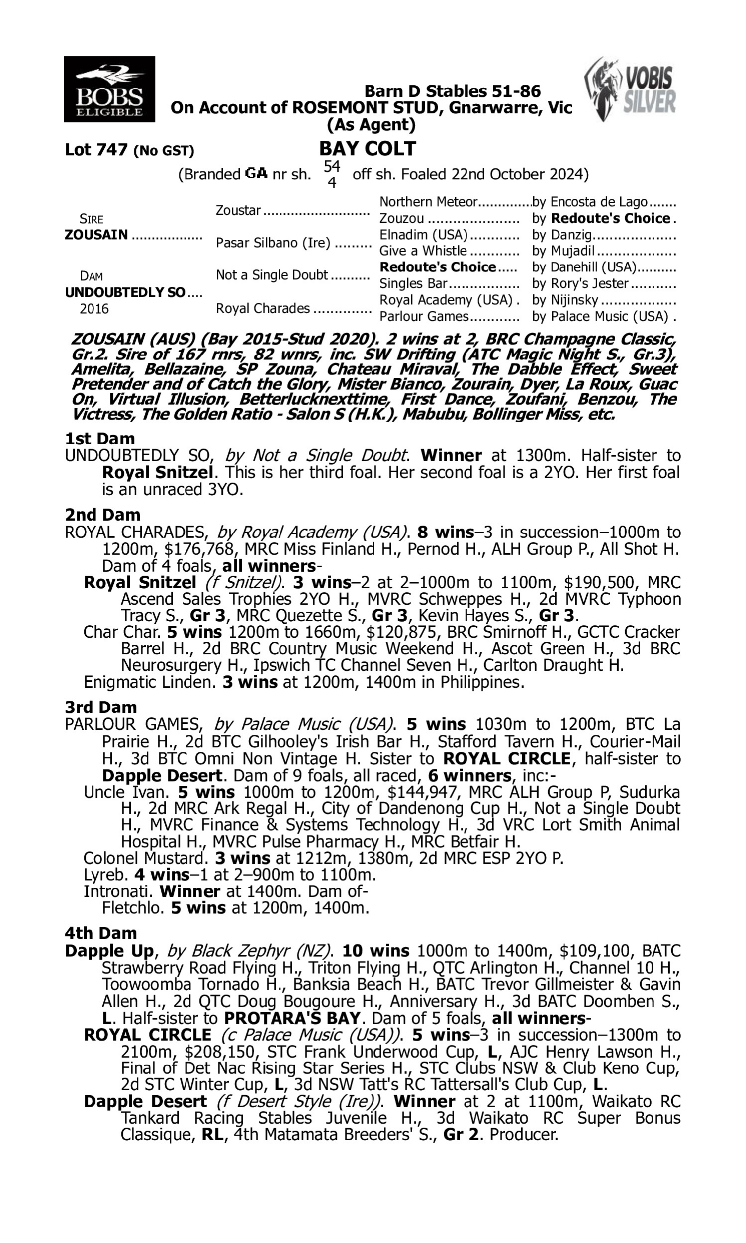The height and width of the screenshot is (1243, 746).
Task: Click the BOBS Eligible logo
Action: click(x=109, y=89)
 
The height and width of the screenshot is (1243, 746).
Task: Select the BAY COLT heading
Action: click(x=368, y=149)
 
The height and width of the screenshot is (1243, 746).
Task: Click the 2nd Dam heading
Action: click(x=102, y=515)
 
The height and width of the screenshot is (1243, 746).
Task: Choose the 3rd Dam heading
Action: click(x=100, y=707)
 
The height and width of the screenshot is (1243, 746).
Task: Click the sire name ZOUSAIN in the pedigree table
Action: click(x=96, y=235)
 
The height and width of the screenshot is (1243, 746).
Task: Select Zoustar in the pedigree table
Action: click(x=238, y=210)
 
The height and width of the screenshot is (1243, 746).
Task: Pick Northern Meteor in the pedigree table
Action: click(x=428, y=202)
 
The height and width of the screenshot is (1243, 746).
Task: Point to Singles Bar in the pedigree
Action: click(x=413, y=283)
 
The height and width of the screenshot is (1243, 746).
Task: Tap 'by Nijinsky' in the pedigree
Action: click(x=565, y=300)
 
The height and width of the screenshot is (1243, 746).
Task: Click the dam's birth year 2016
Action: click(x=94, y=308)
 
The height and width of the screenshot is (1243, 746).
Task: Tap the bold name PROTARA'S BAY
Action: click(x=292, y=1018)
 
